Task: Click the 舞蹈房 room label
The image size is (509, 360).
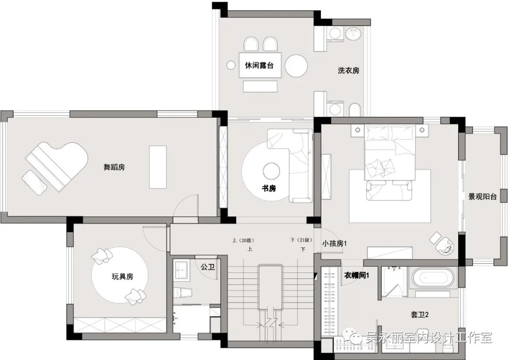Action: [114, 167]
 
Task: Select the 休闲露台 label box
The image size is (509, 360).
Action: [259, 66]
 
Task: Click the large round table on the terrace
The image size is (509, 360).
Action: [296, 66]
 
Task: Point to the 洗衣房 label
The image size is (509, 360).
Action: [348, 71]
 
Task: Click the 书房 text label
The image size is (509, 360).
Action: [269, 188]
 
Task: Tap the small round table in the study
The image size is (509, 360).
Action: [272, 170]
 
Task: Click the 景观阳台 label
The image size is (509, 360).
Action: [482, 197]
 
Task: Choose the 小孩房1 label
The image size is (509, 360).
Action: [335, 244]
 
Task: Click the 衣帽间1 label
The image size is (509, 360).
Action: [356, 276]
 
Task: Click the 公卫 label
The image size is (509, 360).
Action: [208, 267]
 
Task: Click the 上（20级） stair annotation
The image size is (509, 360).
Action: [243, 240]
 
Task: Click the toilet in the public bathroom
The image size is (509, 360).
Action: [184, 292]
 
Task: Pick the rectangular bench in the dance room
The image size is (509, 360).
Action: [158, 167]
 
